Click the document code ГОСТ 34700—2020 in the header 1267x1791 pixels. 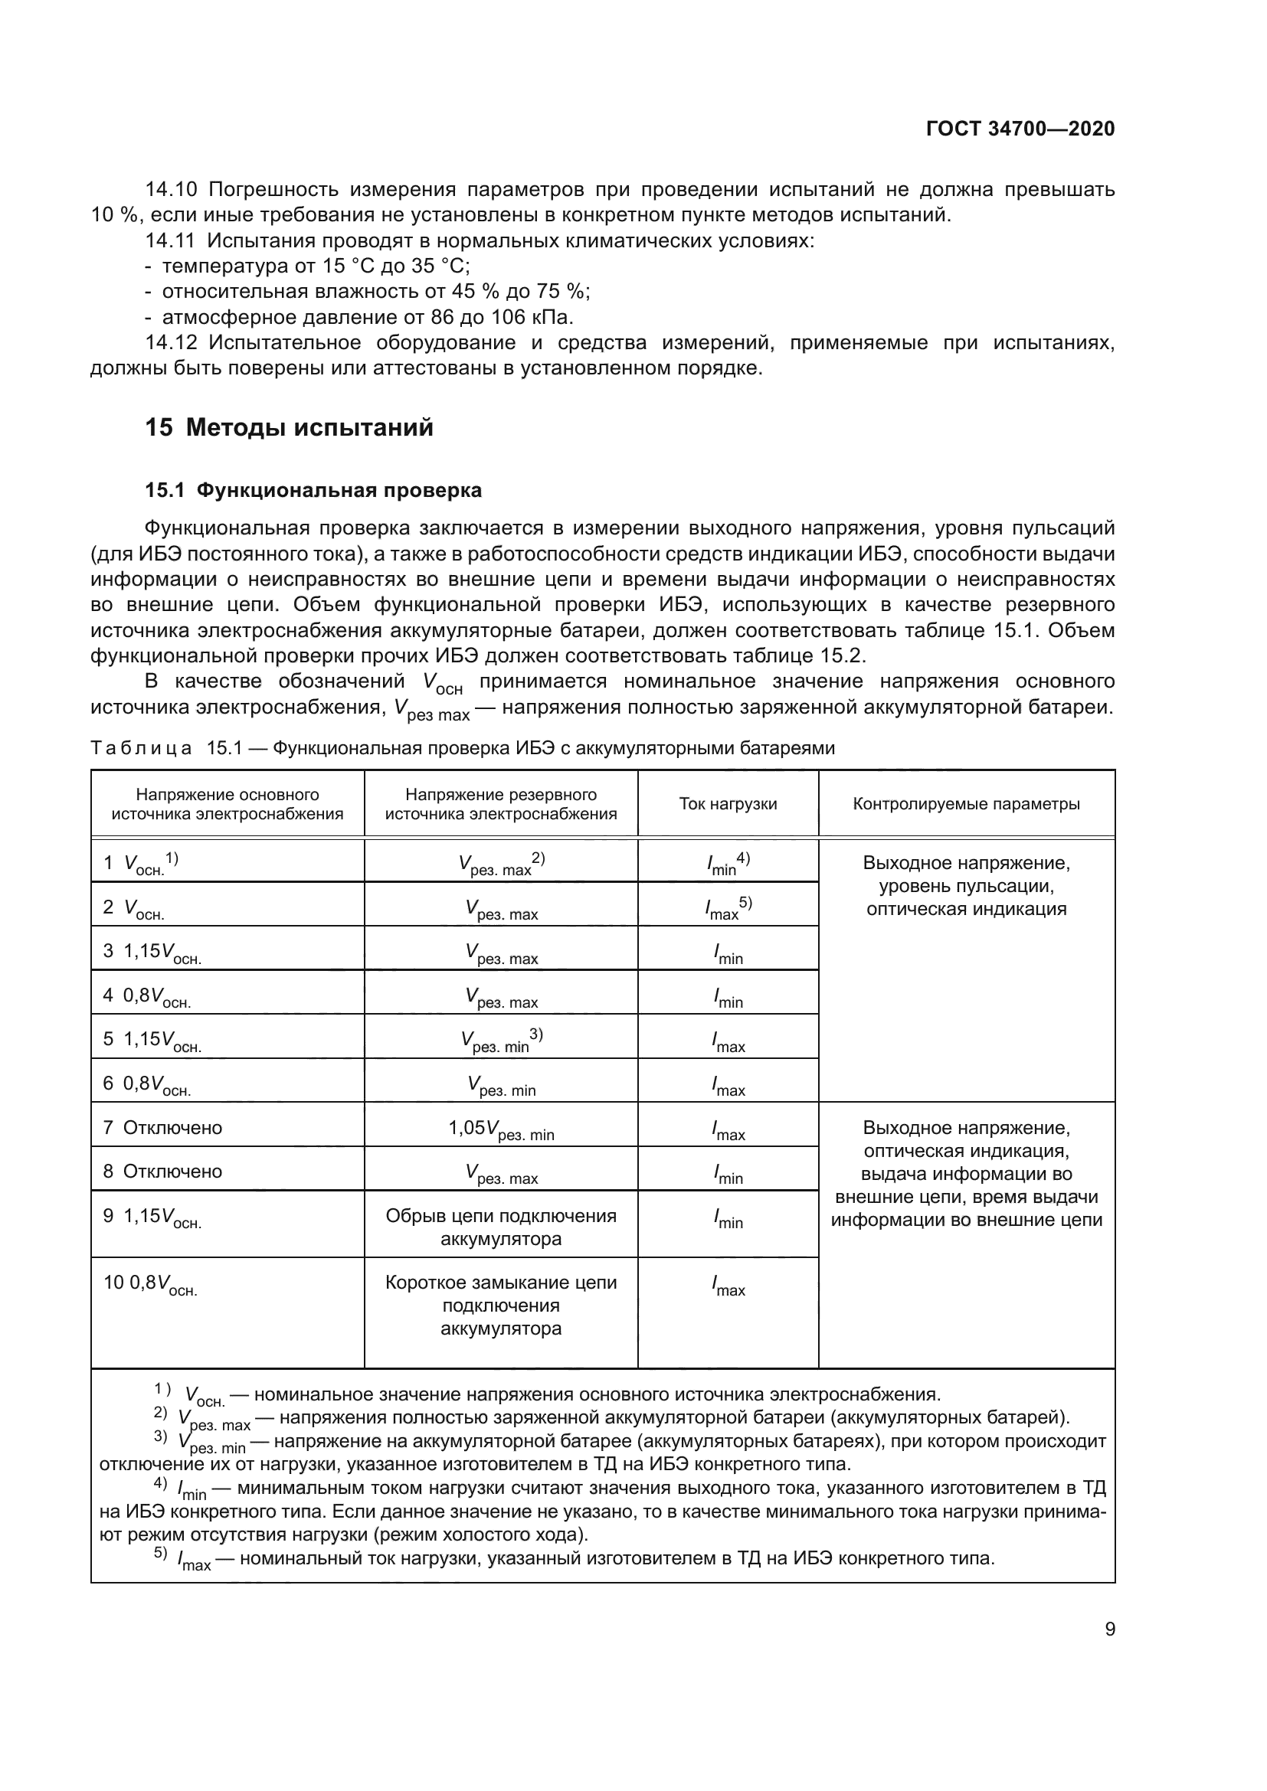coord(1020,129)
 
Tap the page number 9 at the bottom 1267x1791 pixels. coord(1109,1629)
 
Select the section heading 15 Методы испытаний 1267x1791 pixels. coord(289,428)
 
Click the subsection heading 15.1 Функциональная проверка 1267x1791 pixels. coord(313,491)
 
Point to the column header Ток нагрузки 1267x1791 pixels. coord(727,804)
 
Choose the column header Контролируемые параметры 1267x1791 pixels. coord(966,804)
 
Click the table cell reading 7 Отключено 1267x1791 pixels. coord(162,1128)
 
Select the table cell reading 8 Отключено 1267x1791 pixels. coord(162,1172)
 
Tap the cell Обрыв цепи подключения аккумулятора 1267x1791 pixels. coord(501,1227)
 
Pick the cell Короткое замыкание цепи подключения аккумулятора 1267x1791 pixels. coord(501,1305)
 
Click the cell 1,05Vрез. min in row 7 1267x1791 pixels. coord(501,1129)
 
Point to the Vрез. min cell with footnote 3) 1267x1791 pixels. coord(501,1041)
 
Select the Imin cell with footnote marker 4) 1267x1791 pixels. coord(727,864)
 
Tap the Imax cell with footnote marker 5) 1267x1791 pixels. coord(727,907)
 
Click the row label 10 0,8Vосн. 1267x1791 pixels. coord(150,1283)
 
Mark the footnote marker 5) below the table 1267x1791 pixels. coord(160,1553)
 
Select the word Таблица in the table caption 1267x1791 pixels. coord(140,749)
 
